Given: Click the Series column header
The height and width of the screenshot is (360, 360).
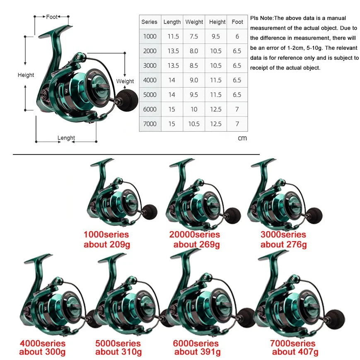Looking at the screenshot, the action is point(149,22).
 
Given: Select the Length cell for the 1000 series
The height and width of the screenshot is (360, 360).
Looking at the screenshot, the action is point(173,36).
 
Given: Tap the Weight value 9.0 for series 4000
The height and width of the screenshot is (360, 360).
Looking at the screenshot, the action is point(194,80).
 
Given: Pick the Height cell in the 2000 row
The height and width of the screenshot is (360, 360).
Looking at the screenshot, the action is point(216,51).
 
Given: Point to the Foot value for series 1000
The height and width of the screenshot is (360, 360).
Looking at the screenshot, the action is point(237,36).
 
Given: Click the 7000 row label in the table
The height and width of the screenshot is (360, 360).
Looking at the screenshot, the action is point(150,124).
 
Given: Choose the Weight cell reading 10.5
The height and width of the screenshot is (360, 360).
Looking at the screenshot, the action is point(194,124).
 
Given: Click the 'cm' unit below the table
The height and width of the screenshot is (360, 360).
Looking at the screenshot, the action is point(242,138).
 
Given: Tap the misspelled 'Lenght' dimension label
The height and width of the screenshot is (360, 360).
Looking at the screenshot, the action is point(66,138).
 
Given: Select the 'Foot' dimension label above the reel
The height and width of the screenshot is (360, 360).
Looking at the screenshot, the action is point(52,17).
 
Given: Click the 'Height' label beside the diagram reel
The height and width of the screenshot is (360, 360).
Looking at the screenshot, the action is point(26,75).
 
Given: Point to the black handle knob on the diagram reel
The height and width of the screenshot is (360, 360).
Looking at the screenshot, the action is point(128,100).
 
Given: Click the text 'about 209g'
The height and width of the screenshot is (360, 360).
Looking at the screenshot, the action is point(107,244).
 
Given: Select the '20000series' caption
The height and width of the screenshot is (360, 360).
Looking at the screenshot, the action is point(194,234).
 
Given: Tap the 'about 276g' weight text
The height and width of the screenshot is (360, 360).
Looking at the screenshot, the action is point(283,244).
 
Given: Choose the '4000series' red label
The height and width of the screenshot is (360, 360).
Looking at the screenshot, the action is point(43,343).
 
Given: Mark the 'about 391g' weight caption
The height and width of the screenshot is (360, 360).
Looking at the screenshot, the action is point(198,352).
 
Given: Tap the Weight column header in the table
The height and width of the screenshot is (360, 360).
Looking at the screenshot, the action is point(194,22).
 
